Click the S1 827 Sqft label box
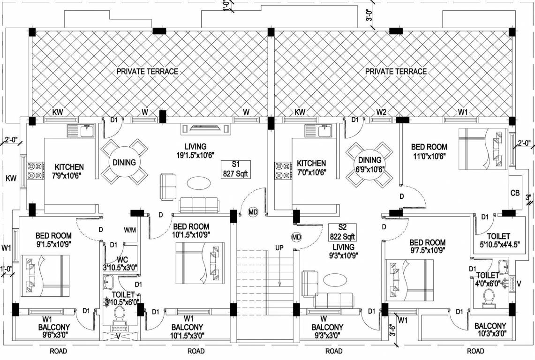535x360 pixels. [x=236, y=169]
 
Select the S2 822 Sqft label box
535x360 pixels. [x=342, y=232]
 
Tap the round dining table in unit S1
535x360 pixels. [x=124, y=162]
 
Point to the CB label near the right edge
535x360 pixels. [x=514, y=193]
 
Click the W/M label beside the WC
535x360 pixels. [x=129, y=230]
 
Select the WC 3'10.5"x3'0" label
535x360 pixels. [x=121, y=263]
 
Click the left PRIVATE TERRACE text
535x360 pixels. [x=147, y=71]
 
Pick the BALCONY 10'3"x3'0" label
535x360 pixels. [x=490, y=330]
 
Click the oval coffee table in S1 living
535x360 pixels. [x=198, y=182]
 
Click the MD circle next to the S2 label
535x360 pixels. [x=296, y=237]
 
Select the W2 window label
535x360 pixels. [x=381, y=112]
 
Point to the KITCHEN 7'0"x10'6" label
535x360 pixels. [x=311, y=168]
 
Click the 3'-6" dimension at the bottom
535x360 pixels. [x=392, y=331]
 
